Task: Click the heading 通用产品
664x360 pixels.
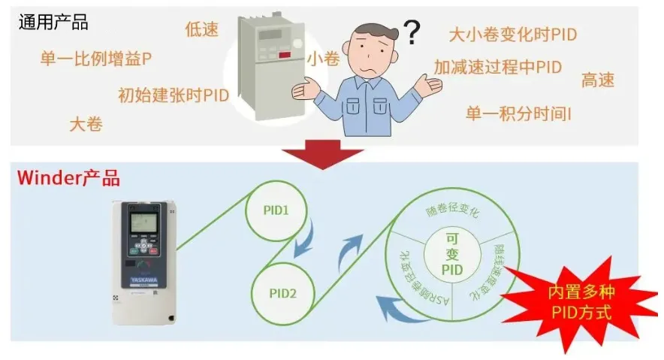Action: coord(53,23)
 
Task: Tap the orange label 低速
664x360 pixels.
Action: coord(201,29)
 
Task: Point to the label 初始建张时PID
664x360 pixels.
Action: coord(174,95)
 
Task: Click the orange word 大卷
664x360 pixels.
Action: coord(86,124)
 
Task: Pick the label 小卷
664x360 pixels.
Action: coord(323,59)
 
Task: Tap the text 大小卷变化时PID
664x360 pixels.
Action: coord(512,35)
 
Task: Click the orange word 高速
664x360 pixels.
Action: coord(598,80)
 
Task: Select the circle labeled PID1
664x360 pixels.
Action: coord(276,210)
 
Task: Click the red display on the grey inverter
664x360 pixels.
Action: coord(285,56)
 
